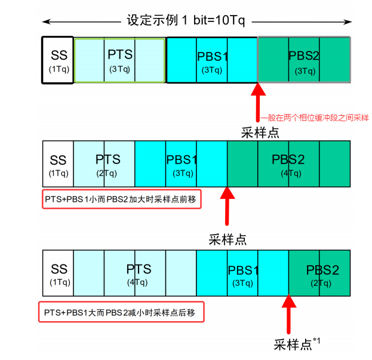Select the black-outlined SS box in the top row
[x=58, y=60]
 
